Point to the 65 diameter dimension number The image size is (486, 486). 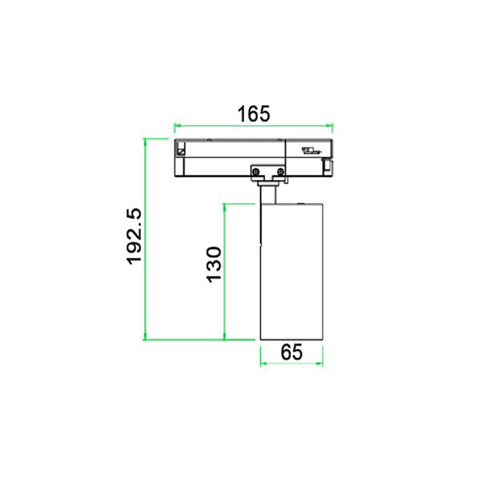click(x=292, y=352)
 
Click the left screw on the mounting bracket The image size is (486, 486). click(x=255, y=171)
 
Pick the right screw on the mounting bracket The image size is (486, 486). click(x=280, y=171)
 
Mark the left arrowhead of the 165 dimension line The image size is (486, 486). click(x=177, y=126)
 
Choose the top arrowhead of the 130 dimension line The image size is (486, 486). click(x=224, y=207)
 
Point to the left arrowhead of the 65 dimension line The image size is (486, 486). click(x=263, y=363)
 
